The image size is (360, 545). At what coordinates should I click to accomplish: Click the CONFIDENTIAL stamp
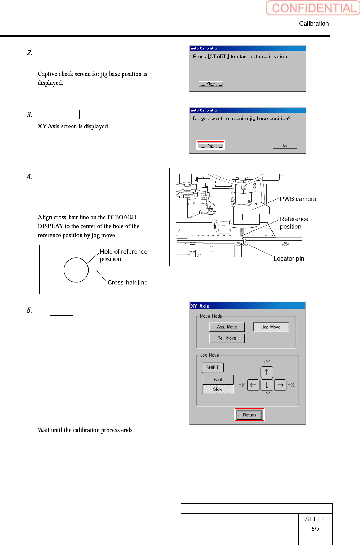[313, 8]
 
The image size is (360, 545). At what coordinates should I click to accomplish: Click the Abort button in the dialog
[211, 84]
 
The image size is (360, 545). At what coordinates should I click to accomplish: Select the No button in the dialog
[285, 146]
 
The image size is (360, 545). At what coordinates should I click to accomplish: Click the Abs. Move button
[227, 327]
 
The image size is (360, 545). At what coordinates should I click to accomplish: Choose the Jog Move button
[271, 327]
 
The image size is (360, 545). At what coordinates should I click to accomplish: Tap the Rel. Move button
[227, 338]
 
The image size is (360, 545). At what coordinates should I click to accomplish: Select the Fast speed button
[218, 380]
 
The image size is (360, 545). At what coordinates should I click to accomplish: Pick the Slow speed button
[218, 389]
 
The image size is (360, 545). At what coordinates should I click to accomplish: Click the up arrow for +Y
[267, 372]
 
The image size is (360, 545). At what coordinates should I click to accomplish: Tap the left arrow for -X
[253, 385]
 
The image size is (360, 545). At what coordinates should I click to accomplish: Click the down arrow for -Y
[267, 385]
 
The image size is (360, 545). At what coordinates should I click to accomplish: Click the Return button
[249, 415]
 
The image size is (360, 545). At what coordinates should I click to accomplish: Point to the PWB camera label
[298, 199]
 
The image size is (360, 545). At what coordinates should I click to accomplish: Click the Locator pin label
[289, 259]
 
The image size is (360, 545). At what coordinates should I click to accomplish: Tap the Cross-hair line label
[128, 283]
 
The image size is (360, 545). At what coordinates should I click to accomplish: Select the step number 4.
[29, 177]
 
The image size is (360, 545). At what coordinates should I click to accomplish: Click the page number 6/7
[315, 529]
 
